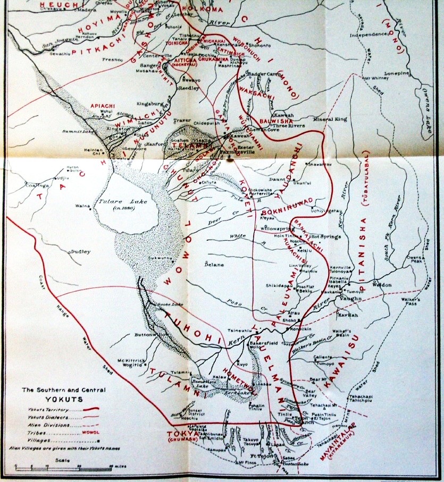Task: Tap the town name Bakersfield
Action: (264, 343)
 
